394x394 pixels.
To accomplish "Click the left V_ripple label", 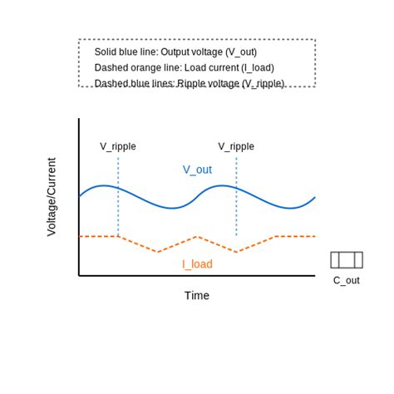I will (x=118, y=146).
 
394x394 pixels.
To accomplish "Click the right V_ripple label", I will (x=236, y=146).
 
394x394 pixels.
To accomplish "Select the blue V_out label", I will (x=197, y=170).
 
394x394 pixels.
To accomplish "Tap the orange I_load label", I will (x=197, y=264).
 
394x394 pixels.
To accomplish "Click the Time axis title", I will (x=197, y=295).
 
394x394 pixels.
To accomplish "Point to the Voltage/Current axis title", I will (x=52, y=197).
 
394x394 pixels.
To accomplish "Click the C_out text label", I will (x=347, y=280).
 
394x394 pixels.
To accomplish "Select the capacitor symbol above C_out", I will (x=347, y=260).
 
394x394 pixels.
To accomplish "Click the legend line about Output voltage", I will (x=175, y=52).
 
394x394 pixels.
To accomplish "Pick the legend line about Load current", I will (x=184, y=67).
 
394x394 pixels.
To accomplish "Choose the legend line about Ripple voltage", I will (x=190, y=83).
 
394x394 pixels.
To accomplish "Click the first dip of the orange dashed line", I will (x=158, y=251).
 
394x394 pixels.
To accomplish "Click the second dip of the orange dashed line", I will (x=237, y=251).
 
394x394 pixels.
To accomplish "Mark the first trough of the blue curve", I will (x=170, y=208).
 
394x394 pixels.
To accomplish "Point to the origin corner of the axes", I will (x=79, y=275).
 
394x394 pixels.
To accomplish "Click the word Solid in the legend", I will (x=107, y=52).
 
